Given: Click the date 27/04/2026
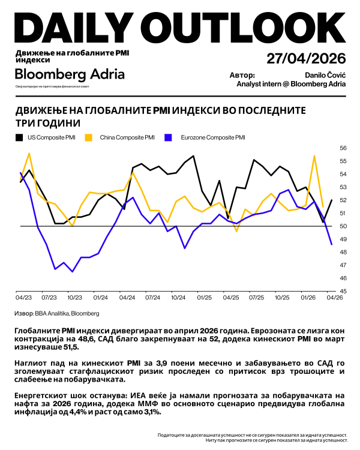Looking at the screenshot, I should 306,59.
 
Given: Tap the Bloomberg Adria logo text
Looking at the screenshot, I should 70,74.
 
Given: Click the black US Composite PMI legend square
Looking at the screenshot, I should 19,137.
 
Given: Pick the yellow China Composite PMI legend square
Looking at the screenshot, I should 88,137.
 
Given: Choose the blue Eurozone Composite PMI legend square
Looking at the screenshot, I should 170,137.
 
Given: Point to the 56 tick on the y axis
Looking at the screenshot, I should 344,148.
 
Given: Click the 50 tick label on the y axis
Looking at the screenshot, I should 344,226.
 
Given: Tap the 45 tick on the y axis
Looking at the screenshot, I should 344,292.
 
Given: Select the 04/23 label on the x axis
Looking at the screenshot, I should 23,297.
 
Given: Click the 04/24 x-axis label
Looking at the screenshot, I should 127,297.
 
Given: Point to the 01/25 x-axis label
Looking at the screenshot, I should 205,297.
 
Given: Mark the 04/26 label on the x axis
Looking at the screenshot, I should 334,297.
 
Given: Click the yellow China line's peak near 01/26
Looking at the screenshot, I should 314,155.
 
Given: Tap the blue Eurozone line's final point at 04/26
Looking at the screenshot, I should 332,244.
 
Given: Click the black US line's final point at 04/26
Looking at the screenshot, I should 332,200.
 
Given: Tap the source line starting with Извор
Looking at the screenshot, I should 57,313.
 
